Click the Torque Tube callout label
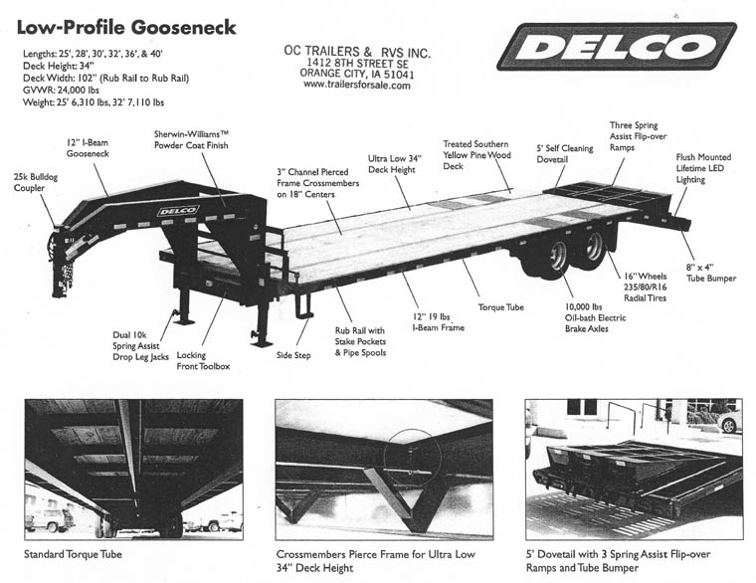pos(500,307)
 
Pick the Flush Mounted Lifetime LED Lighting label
pos(703,170)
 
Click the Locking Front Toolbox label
pos(203,360)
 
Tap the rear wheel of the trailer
pos(593,247)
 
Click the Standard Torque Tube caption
pos(75,553)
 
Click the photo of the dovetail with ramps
pos(634,469)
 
